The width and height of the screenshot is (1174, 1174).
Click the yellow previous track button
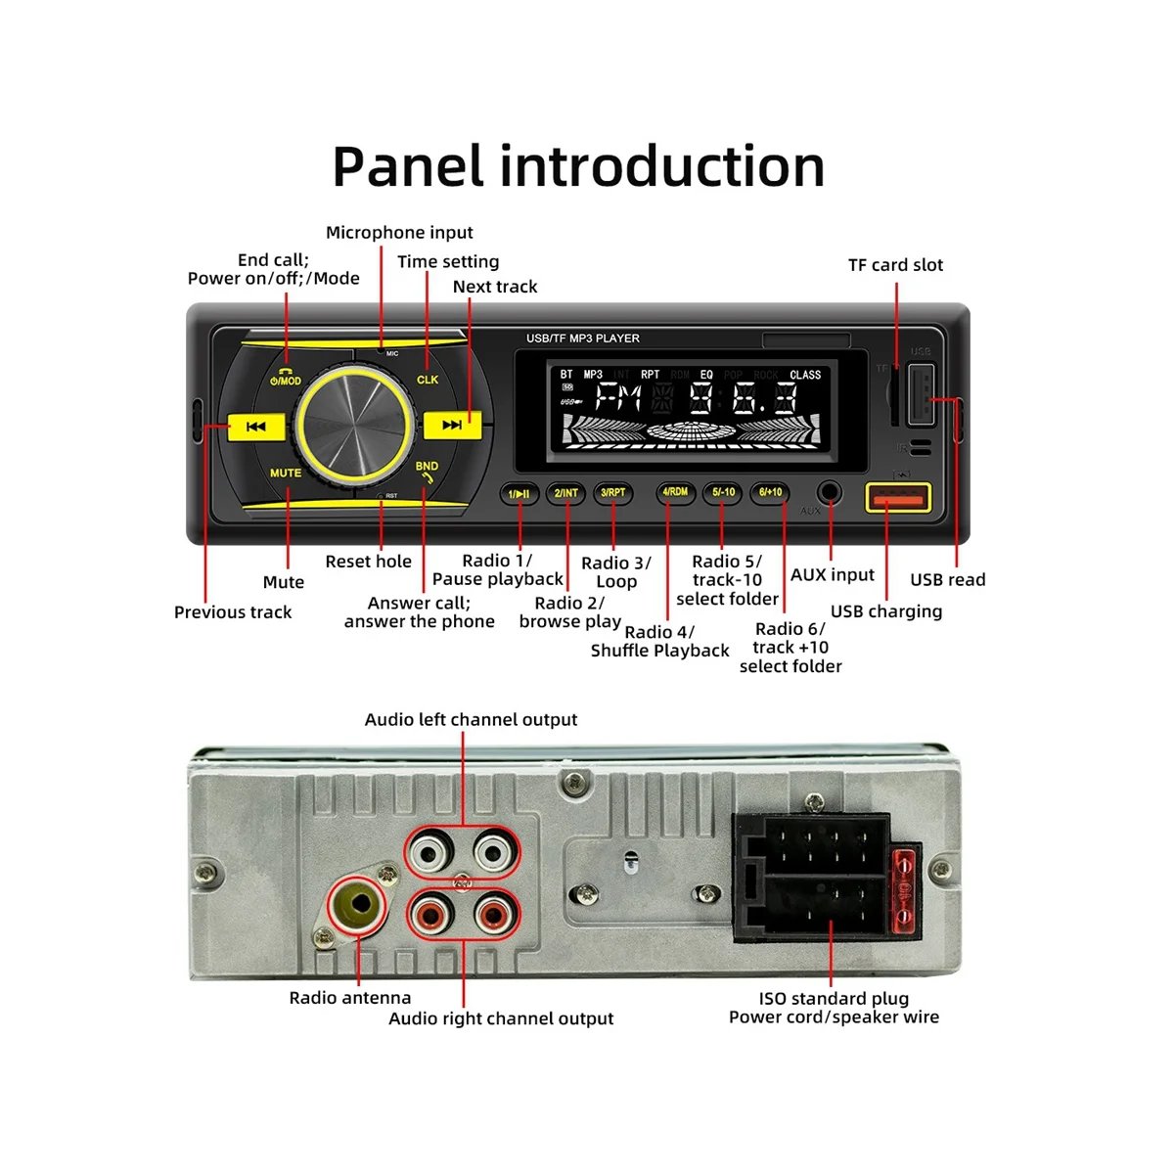(x=256, y=427)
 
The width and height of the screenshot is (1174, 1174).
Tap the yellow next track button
(x=451, y=426)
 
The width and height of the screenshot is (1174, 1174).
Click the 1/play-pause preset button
(x=519, y=493)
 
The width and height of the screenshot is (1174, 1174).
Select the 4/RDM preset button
(x=675, y=492)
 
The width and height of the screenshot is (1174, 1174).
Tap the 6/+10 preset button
(x=771, y=492)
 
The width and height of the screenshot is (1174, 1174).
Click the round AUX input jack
(x=830, y=491)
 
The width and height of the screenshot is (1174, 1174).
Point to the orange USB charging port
(x=896, y=500)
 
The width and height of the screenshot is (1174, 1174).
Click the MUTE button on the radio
(x=286, y=473)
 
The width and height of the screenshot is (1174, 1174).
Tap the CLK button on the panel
(x=428, y=380)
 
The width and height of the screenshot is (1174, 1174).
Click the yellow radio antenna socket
(x=354, y=904)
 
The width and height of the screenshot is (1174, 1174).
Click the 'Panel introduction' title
(x=578, y=166)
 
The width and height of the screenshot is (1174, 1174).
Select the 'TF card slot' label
(x=895, y=265)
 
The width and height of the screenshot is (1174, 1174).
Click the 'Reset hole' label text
(x=368, y=562)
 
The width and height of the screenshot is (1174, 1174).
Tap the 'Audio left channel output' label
(x=471, y=720)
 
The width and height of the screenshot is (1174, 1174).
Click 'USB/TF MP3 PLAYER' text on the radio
(x=582, y=339)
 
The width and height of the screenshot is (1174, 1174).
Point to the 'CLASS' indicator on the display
(x=804, y=375)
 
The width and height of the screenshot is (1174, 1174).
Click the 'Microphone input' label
(x=399, y=233)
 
